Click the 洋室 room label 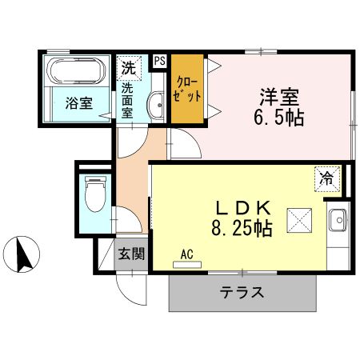click(x=278, y=98)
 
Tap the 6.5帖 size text click(x=278, y=118)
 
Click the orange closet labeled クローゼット click(x=186, y=88)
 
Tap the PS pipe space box click(x=159, y=61)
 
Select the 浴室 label click(x=78, y=103)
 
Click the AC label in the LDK click(x=187, y=256)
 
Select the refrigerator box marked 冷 click(x=326, y=178)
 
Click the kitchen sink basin click(x=337, y=218)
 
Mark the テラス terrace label click(x=242, y=292)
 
